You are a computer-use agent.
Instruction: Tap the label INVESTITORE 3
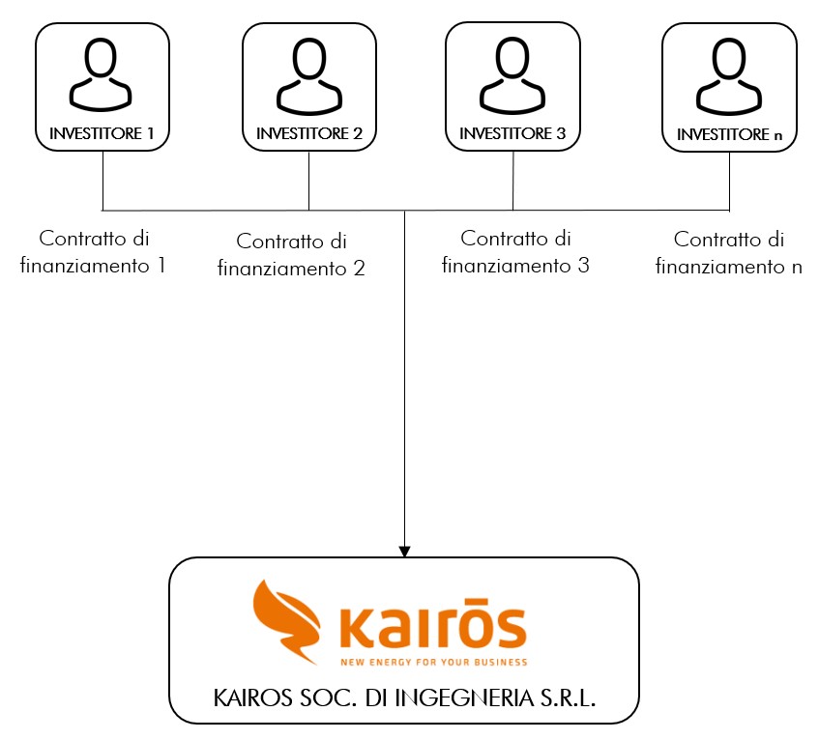pos(512,133)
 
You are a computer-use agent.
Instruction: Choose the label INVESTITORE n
pos(730,135)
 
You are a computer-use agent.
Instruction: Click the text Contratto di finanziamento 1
pos(94,250)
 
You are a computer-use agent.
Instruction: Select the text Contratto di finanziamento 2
pos(291,255)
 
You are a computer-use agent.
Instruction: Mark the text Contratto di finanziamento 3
pos(515,251)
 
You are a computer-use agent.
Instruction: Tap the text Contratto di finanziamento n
pos(728,253)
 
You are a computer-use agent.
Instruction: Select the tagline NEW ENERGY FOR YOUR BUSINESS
pos(432,663)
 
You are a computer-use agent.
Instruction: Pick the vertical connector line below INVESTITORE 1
pos(102,181)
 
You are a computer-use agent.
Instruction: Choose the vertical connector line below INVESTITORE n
pos(729,181)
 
